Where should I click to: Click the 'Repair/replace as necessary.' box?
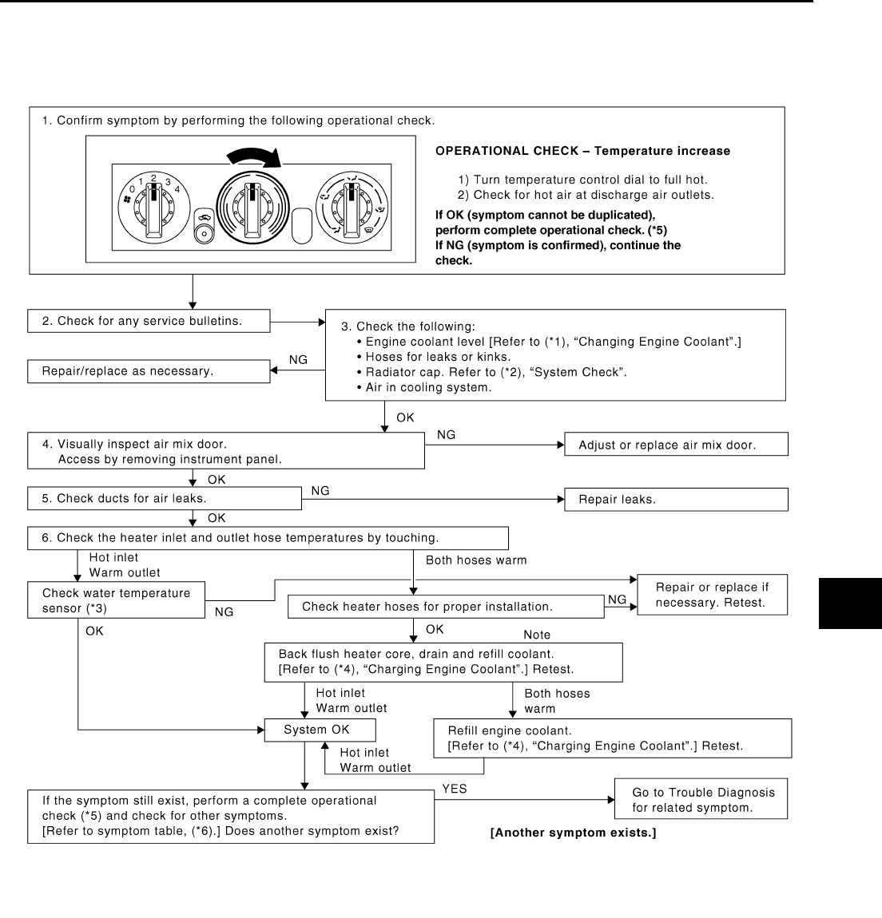149,371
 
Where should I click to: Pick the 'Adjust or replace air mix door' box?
676,445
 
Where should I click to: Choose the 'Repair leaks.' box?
676,500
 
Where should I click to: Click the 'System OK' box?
320,730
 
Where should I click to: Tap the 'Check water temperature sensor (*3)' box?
117,600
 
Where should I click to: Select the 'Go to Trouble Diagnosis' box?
701,799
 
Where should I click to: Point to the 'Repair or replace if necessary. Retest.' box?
712,595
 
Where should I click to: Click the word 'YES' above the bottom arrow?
455,789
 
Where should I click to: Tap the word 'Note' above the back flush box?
537,635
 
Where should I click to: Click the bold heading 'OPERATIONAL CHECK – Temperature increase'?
582,151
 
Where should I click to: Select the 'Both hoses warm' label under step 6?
476,560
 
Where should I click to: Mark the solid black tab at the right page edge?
850,605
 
